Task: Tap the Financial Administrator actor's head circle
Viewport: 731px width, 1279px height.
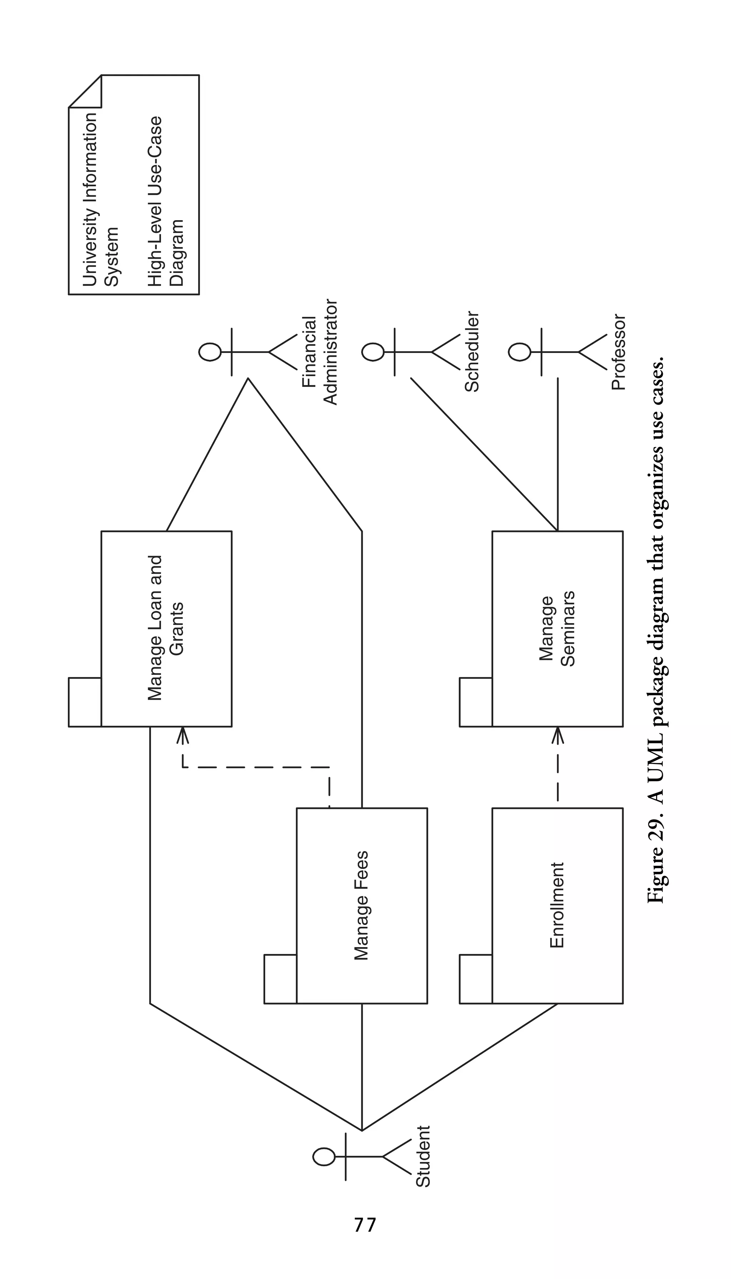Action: [x=210, y=352]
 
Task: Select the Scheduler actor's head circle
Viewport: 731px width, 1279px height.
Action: [x=373, y=352]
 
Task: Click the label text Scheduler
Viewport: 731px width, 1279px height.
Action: [x=472, y=352]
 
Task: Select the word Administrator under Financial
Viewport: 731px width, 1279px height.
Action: [x=331, y=352]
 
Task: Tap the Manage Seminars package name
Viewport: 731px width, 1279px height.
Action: [x=557, y=628]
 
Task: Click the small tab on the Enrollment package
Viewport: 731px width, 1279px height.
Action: [x=475, y=979]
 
